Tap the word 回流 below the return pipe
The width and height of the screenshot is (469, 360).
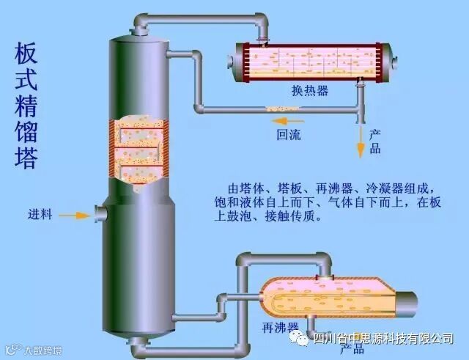point(288,135)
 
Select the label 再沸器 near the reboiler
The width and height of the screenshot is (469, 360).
point(281,325)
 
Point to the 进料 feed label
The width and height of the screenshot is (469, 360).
point(40,215)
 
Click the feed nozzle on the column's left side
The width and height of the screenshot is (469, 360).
point(100,214)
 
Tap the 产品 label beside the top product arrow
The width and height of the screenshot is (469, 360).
point(374,142)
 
